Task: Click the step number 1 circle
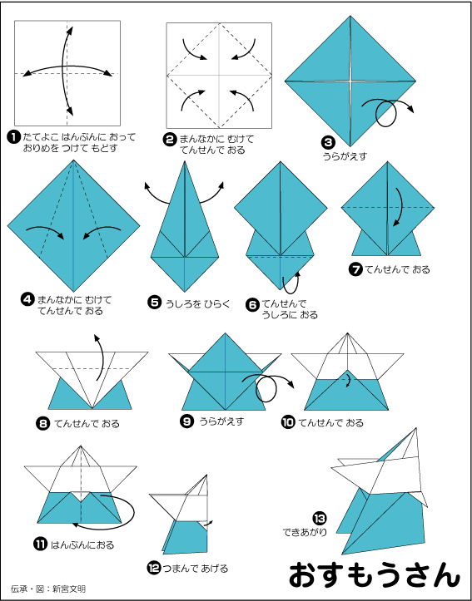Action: click(14, 137)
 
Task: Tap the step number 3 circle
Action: click(329, 143)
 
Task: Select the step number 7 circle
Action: click(355, 270)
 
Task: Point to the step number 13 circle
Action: click(320, 519)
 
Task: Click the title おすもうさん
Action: click(374, 575)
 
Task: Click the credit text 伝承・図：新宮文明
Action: click(48, 589)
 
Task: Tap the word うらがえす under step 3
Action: click(345, 156)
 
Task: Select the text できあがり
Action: click(305, 532)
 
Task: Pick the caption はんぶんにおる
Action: click(82, 544)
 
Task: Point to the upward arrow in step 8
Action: click(101, 357)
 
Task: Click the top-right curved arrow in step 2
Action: click(246, 50)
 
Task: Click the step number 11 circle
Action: click(40, 544)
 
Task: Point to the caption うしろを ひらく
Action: click(197, 304)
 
